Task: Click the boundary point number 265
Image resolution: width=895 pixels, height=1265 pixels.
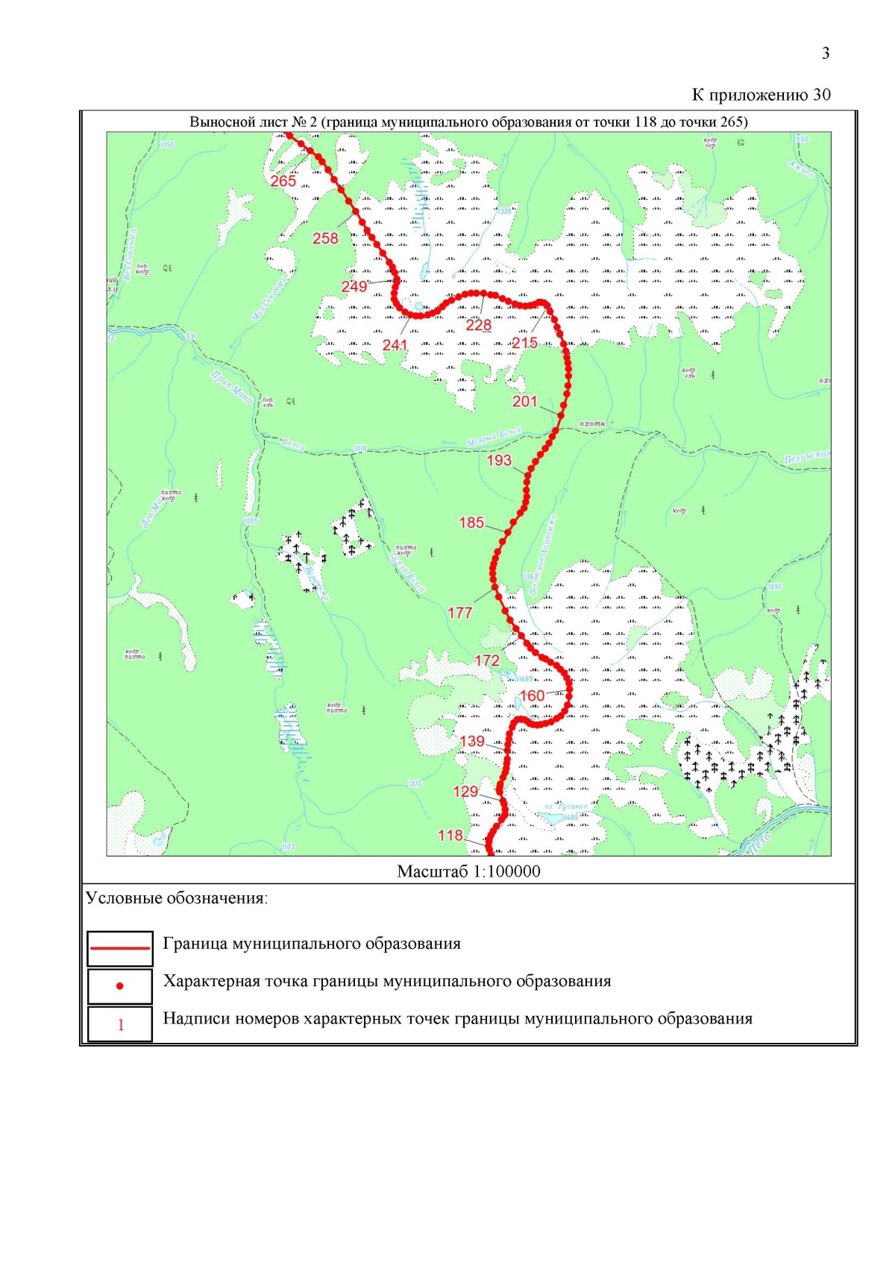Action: click(283, 181)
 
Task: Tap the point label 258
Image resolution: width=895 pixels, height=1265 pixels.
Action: click(325, 239)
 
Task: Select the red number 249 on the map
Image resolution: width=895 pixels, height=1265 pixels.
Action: click(354, 287)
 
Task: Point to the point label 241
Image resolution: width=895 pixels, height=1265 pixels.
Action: click(395, 345)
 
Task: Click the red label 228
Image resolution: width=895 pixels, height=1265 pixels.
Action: click(479, 325)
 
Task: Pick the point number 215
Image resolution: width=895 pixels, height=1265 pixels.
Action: click(524, 343)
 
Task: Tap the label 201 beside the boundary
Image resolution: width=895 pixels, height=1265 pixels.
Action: click(524, 401)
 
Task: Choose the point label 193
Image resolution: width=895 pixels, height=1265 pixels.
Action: click(499, 460)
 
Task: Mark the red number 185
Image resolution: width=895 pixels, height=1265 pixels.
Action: click(471, 523)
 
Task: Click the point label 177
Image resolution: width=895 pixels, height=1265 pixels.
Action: click(460, 613)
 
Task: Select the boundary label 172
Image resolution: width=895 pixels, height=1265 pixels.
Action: click(487, 660)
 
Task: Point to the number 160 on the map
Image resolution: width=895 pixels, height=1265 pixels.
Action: click(532, 696)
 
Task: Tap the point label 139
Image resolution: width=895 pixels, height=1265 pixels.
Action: click(472, 741)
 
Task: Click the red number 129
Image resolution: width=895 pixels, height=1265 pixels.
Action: click(465, 792)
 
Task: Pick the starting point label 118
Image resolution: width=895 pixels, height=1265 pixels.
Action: click(450, 836)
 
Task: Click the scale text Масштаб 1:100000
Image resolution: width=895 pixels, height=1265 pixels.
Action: click(468, 871)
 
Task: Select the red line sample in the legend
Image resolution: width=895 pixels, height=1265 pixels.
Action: click(120, 948)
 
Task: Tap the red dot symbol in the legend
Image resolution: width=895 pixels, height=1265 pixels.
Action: click(120, 986)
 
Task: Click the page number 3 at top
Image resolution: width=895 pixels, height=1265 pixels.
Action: click(826, 53)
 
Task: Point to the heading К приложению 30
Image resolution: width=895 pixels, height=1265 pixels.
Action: click(761, 95)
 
